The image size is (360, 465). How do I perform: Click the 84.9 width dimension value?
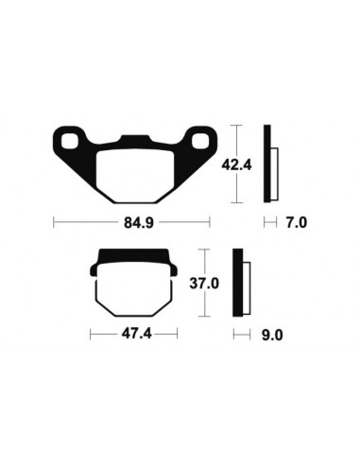click(x=131, y=225)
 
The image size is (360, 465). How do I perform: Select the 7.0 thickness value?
click(x=297, y=225)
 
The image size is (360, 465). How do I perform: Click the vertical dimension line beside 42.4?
click(x=236, y=164)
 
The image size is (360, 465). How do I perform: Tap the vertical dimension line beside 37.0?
click(x=200, y=283)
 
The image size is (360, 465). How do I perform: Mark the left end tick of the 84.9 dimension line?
click(x=54, y=225)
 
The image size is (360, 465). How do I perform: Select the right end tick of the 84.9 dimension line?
click(x=210, y=225)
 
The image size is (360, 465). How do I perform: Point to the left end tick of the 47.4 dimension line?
click(x=91, y=335)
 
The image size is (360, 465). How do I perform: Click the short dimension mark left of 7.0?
click(x=268, y=225)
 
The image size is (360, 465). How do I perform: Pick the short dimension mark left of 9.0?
click(x=237, y=335)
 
